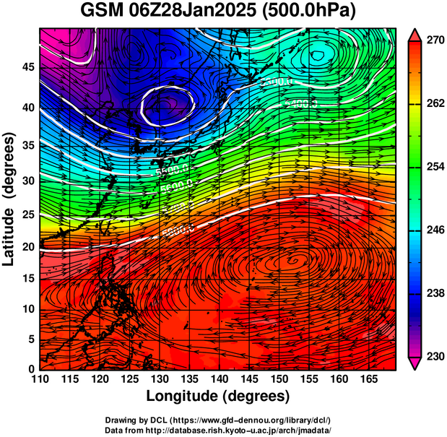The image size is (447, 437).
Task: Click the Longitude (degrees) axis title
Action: click(218, 396)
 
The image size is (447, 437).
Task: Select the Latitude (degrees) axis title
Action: click(9, 199)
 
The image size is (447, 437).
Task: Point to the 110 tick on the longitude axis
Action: click(40, 378)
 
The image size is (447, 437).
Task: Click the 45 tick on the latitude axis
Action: click(27, 67)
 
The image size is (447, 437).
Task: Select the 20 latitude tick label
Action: click(27, 247)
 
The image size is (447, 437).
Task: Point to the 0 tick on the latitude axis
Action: click(30, 369)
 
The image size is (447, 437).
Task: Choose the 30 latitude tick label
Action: click(27, 181)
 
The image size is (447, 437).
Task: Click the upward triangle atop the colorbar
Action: click(415, 35)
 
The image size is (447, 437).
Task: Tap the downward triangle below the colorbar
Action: click(415, 363)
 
